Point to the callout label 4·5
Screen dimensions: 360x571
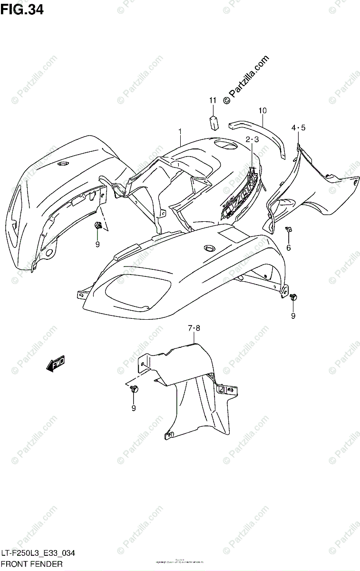[x=298, y=127]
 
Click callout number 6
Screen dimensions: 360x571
[x=288, y=247]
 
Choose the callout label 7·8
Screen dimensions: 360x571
[x=194, y=328]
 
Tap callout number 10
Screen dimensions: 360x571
[x=263, y=111]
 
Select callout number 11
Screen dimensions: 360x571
[x=212, y=100]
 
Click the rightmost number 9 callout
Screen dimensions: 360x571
[x=293, y=315]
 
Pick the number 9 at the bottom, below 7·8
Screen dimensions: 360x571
[x=134, y=408]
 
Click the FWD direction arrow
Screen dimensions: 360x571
[x=55, y=364]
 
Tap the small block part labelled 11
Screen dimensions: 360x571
[x=214, y=121]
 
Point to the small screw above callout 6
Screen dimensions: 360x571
[x=288, y=230]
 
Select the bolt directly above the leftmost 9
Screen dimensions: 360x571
[x=98, y=225]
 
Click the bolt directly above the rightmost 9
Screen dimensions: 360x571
[x=293, y=297]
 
